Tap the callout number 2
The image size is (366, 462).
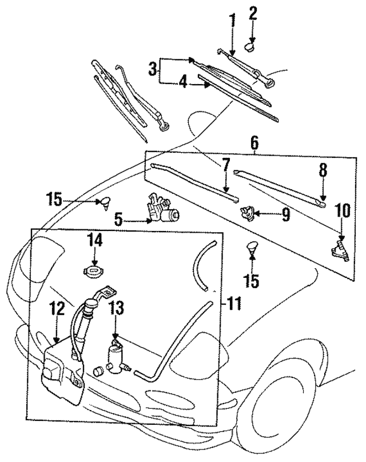pyautogui.click(x=253, y=12)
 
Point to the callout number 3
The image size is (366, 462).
pyautogui.click(x=152, y=70)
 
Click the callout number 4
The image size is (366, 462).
pyautogui.click(x=182, y=83)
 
